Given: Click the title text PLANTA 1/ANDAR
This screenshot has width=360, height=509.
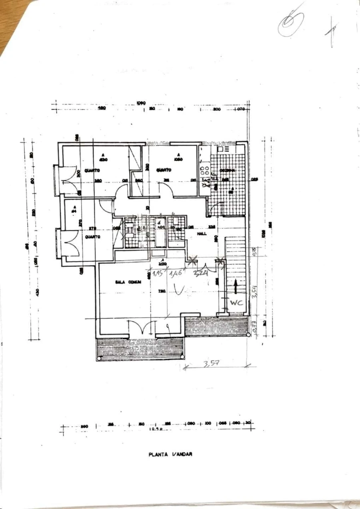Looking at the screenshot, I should [x=170, y=454].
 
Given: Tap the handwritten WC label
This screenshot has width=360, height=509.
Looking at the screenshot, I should [x=236, y=303].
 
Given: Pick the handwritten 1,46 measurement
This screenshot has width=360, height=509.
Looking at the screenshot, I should [x=176, y=274].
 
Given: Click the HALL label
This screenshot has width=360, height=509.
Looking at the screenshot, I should [x=202, y=233].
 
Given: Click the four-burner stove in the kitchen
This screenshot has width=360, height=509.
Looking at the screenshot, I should [x=204, y=171].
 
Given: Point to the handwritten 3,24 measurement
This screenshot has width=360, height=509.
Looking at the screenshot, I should [x=200, y=274].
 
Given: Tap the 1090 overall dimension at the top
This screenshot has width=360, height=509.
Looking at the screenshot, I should [x=140, y=103].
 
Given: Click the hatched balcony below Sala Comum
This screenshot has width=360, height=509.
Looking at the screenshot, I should [x=140, y=349].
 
